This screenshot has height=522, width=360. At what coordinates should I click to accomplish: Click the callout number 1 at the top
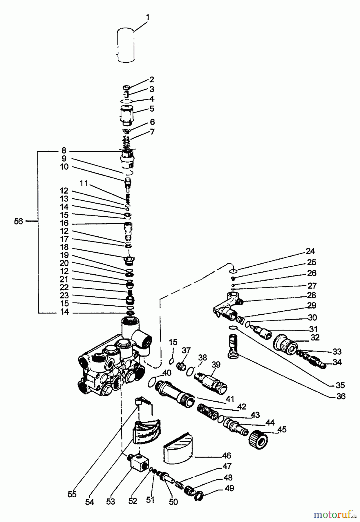148,17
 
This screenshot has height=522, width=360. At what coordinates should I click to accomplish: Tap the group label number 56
18,222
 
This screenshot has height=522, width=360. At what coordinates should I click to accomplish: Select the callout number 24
310,251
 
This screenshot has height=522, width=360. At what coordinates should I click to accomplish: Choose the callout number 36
341,396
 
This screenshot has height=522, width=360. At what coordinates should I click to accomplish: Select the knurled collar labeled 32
285,345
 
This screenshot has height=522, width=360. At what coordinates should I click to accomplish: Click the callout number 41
230,399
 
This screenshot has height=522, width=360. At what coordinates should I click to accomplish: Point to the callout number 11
84,183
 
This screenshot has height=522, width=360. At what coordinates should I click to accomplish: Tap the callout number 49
229,488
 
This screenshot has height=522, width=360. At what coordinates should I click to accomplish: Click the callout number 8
64,150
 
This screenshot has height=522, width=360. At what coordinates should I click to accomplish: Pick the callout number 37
186,350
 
